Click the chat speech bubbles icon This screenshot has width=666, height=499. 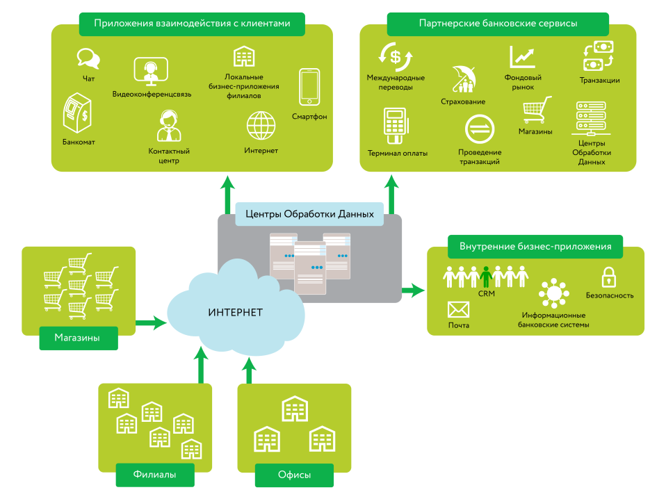87,57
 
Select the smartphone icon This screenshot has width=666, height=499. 309,87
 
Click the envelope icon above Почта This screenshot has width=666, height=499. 458,309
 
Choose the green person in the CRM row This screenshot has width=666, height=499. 486,276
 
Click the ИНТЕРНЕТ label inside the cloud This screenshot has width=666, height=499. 235,312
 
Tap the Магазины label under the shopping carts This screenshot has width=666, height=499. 77,338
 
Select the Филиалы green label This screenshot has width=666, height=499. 154,475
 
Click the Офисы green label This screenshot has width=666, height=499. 294,475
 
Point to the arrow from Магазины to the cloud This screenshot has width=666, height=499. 150,323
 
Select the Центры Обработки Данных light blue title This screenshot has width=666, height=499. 309,214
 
